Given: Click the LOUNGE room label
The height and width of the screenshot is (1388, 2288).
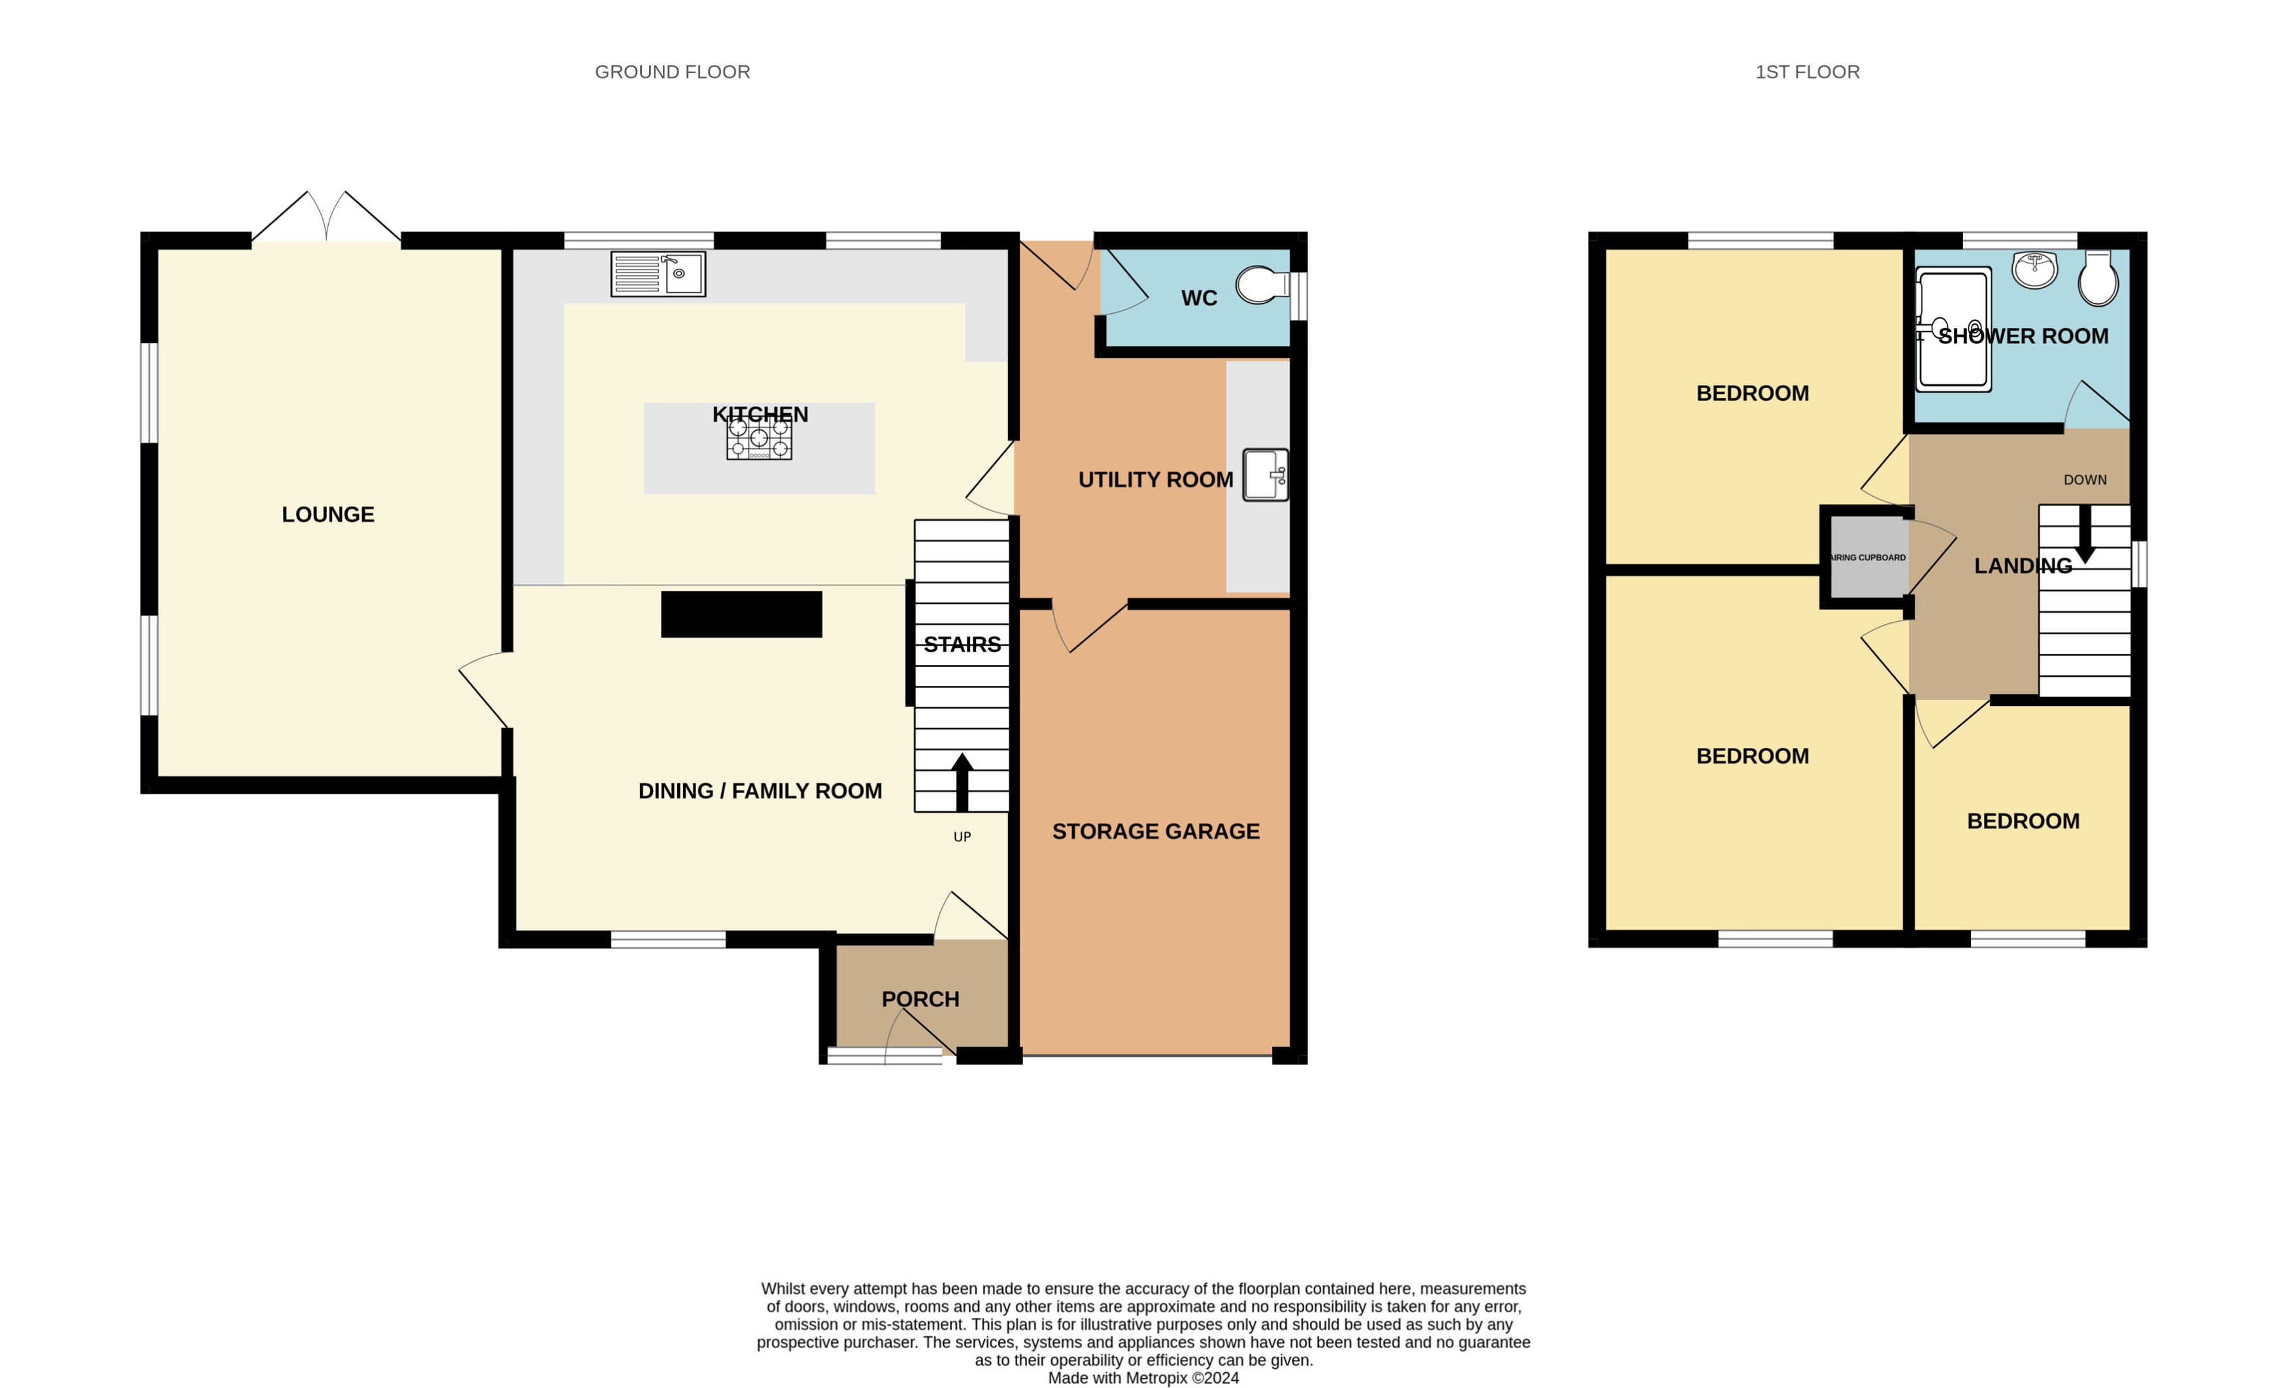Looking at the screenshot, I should click(x=328, y=515).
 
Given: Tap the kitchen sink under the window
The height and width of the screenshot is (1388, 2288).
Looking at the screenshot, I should click(x=658, y=274).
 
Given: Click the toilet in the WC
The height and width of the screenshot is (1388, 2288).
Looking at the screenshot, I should click(x=1261, y=285).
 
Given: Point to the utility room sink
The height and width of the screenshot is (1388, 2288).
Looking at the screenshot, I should click(x=1265, y=475).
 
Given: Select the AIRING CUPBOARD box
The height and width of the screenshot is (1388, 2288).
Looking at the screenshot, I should click(x=1868, y=557).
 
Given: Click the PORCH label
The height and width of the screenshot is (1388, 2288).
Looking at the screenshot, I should click(x=920, y=999).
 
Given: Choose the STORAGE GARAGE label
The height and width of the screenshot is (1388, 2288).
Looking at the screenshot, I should click(x=1155, y=831).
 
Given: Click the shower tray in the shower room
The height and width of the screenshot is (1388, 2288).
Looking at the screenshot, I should click(x=1954, y=330).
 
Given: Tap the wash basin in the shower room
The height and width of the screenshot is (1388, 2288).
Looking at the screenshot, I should click(x=2034, y=269).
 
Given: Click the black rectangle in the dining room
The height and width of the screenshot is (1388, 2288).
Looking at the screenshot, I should click(x=741, y=615).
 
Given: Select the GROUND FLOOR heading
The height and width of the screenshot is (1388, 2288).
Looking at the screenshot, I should click(x=672, y=71).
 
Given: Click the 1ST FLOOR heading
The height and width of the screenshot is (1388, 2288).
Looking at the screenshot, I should click(x=1807, y=71).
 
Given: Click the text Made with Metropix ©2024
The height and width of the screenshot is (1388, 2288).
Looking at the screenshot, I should click(x=1143, y=1378).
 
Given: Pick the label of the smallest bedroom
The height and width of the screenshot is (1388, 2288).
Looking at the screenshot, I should click(x=2023, y=821).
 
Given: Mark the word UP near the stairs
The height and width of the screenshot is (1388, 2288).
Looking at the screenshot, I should click(x=962, y=836).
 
